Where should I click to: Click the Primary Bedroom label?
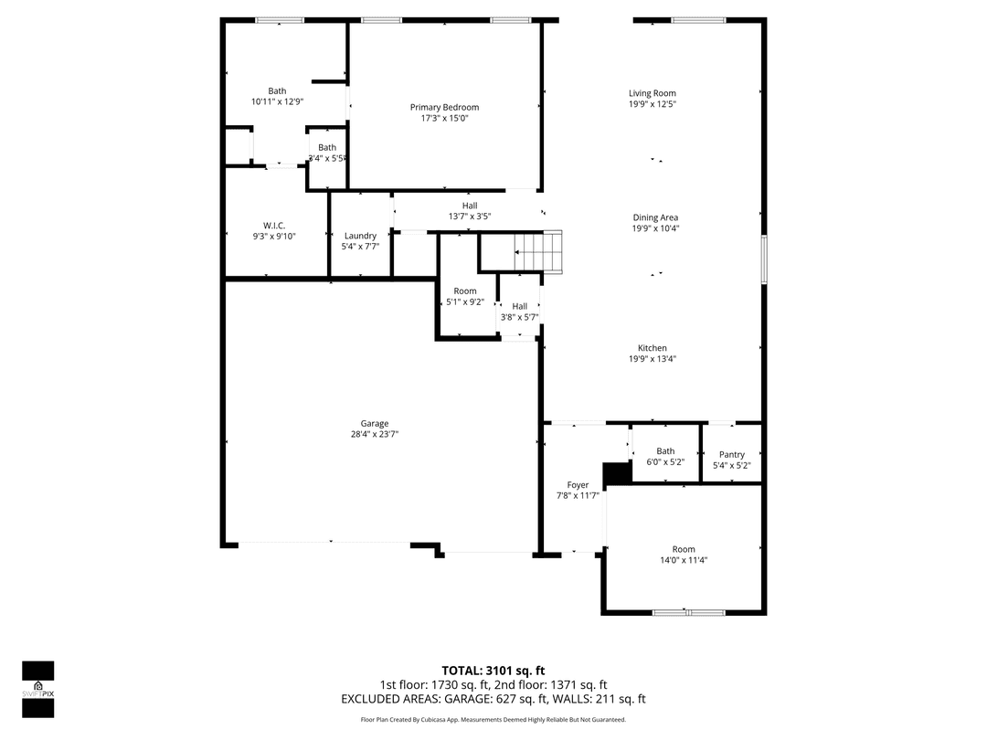444,107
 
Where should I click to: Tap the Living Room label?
652,93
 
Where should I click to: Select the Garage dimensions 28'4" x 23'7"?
374,435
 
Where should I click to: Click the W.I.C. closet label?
274,225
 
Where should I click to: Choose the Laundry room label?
360,236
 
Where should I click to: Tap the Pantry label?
731,454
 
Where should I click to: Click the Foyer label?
578,485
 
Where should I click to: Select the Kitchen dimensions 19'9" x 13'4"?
652,359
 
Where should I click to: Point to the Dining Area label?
655,217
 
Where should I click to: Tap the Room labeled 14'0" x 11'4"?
684,549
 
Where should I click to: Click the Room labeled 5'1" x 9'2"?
465,291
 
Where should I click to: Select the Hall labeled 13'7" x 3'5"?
470,206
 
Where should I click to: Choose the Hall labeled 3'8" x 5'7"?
519,307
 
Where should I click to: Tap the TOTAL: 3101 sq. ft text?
493,670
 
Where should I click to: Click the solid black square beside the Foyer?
619,473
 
